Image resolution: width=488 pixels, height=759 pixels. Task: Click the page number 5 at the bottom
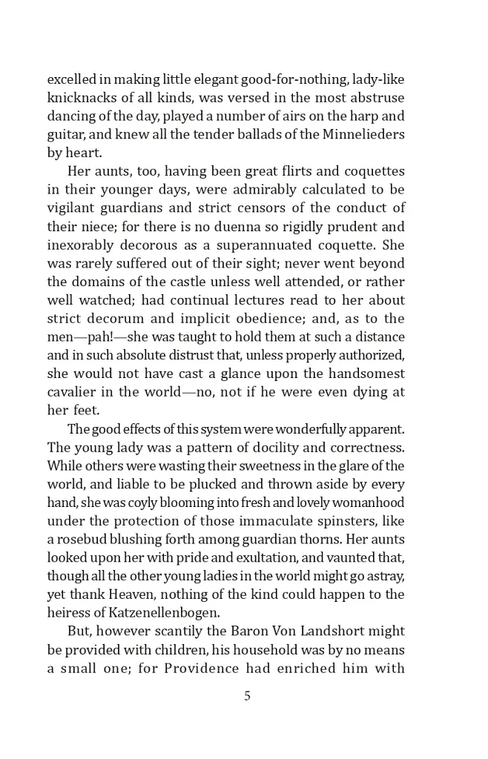[x=247, y=695]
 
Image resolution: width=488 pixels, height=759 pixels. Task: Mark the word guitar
[x=65, y=134]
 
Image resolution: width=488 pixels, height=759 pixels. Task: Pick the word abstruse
[x=377, y=98]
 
